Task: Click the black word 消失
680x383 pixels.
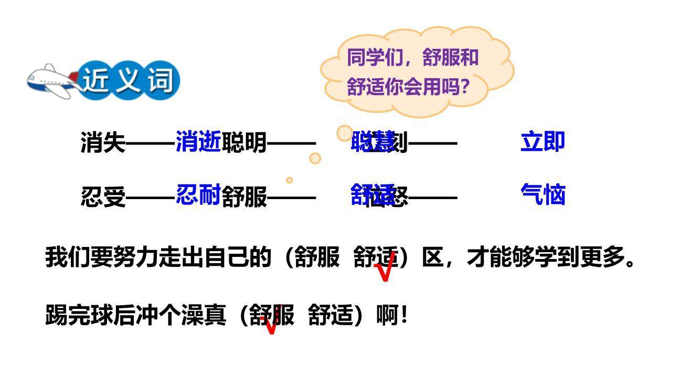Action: click(103, 142)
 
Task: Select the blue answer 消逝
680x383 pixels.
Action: click(198, 141)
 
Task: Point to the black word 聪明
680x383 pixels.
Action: click(245, 142)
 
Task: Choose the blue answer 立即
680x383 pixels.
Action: click(543, 142)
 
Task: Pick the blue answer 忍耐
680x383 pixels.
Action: click(198, 194)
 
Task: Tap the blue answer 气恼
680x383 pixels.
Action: click(543, 194)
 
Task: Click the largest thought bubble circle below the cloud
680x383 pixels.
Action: click(345, 133)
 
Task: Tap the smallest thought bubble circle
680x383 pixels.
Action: click(289, 180)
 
